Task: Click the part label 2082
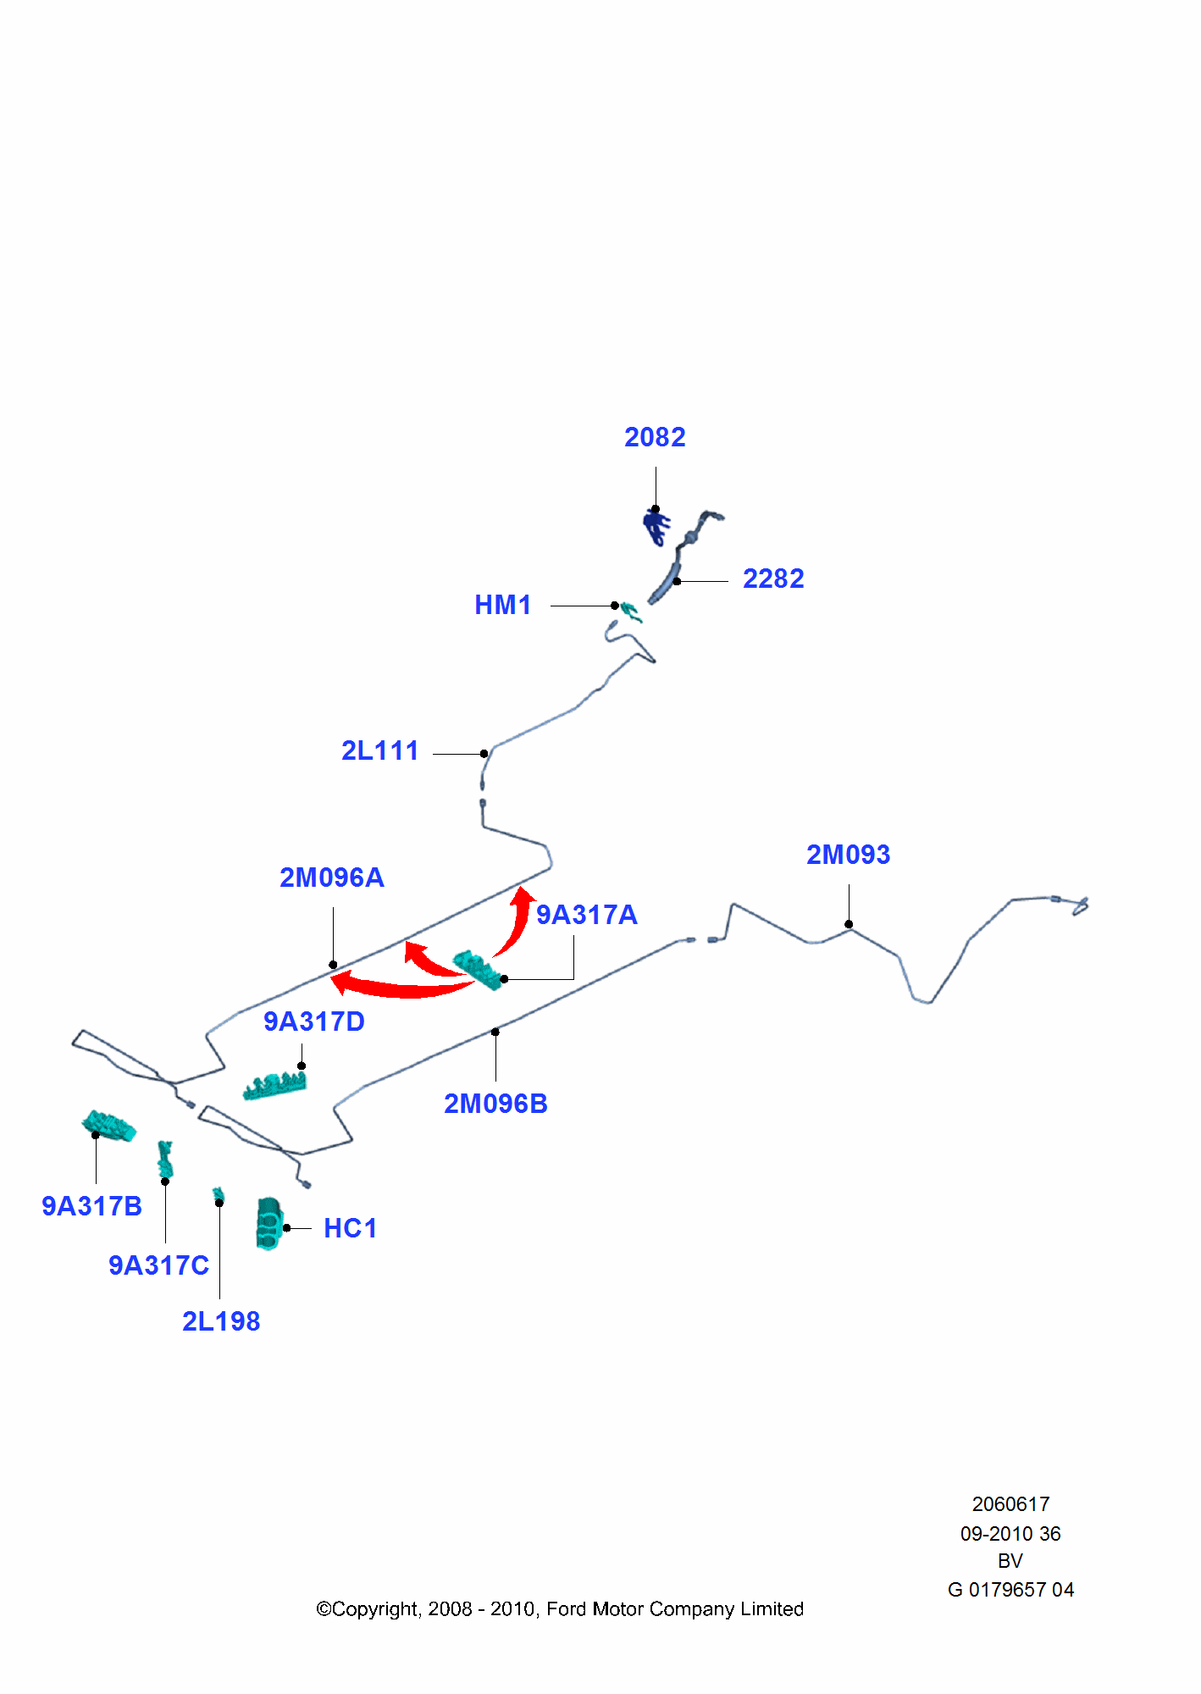[x=655, y=437]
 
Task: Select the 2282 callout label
[x=773, y=579]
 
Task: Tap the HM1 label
[x=503, y=605]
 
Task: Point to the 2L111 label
[x=380, y=750]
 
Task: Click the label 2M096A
[x=332, y=877]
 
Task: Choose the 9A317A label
[x=587, y=915]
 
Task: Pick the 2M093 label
[x=848, y=855]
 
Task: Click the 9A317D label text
[x=314, y=1021]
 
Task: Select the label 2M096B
[x=496, y=1104]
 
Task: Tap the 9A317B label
[x=92, y=1206]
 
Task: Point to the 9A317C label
[x=159, y=1265]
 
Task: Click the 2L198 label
[x=221, y=1321]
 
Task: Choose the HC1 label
[x=351, y=1228]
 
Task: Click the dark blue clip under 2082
[x=656, y=527]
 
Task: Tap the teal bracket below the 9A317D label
[x=274, y=1086]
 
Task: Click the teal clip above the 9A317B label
[x=109, y=1127]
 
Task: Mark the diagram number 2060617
[x=1010, y=1504]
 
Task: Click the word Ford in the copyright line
[x=566, y=1608]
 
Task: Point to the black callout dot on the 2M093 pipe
[x=849, y=924]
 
